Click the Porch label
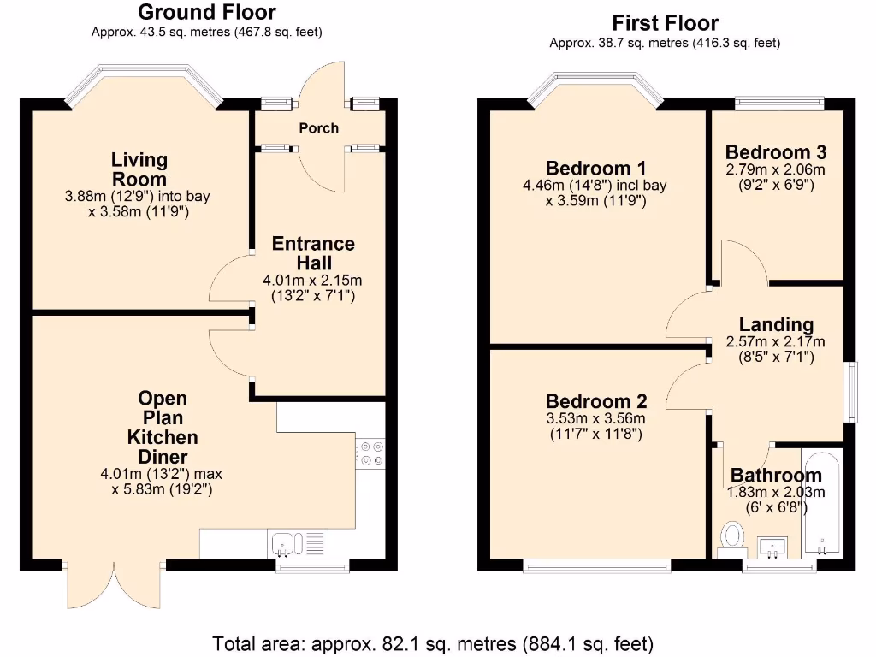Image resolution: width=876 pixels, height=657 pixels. click(318, 128)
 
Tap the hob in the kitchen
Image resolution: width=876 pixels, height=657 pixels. click(370, 453)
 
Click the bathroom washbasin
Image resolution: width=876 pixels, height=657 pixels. click(772, 547)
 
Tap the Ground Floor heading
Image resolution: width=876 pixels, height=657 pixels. click(207, 12)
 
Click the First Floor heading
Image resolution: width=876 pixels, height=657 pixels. click(665, 23)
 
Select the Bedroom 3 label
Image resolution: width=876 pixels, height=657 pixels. click(775, 152)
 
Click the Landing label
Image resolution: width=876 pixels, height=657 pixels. click(776, 324)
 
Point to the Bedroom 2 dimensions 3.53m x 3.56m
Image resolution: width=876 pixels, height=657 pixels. click(596, 418)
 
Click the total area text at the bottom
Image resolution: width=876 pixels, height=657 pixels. click(432, 643)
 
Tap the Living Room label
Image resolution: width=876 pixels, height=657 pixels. click(139, 169)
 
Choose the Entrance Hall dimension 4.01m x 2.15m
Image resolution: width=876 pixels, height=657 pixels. click(312, 281)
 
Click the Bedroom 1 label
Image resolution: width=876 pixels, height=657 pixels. click(595, 169)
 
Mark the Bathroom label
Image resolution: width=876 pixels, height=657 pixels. click(776, 476)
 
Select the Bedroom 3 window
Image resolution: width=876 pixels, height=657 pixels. click(779, 103)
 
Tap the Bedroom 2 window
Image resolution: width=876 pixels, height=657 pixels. click(596, 566)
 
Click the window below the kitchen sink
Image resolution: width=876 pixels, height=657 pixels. click(313, 566)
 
